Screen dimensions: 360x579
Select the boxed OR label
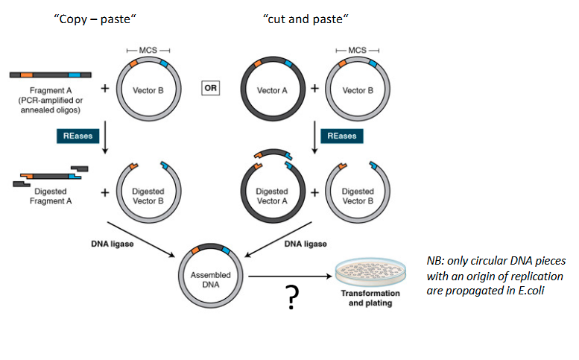[210, 89]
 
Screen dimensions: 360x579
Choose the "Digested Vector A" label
[272, 196]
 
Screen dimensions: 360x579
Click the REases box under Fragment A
[76, 136]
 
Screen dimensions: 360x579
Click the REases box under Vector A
[338, 136]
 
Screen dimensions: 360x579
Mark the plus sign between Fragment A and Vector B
[105, 88]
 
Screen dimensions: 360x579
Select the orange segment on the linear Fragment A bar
[26, 75]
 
